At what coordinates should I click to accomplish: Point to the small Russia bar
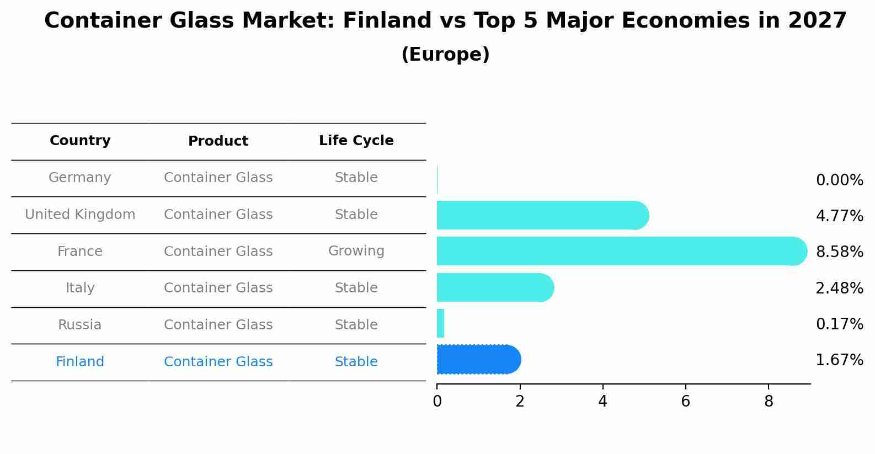tap(440, 323)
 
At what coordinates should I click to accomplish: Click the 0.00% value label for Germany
tap(839, 180)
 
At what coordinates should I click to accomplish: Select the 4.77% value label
tap(839, 216)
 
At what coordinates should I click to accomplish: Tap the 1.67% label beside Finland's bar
tap(839, 360)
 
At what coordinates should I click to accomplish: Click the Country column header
tap(80, 141)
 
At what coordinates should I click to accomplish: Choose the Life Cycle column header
tap(356, 141)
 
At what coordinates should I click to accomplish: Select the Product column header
tap(218, 141)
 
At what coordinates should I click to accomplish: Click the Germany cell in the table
tap(80, 178)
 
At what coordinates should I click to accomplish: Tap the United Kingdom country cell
tap(80, 215)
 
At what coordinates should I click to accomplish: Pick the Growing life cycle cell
tap(356, 251)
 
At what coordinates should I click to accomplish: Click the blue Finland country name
tap(80, 362)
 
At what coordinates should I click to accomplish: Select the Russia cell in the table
tap(80, 325)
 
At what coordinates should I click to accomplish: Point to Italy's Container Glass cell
tap(218, 288)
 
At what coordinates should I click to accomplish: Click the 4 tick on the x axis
tap(602, 402)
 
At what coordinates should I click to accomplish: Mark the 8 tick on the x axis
tap(769, 402)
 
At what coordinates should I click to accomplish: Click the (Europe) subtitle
tap(445, 55)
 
